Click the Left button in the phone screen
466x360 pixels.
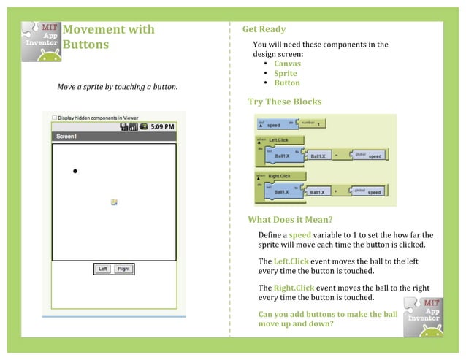(x=104, y=269)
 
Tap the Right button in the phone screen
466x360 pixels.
(x=123, y=269)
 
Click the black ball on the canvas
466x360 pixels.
(x=75, y=171)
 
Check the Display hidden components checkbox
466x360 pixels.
(x=55, y=118)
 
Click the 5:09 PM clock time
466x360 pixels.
(x=162, y=126)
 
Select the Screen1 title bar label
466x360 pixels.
(x=66, y=137)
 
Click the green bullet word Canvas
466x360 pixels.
(x=287, y=64)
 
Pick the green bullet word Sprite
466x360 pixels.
(x=285, y=73)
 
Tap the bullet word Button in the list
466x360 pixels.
(x=286, y=83)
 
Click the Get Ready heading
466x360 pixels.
(x=264, y=29)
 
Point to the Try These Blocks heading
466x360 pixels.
(x=284, y=102)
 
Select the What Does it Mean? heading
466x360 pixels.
(x=290, y=220)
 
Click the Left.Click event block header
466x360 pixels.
(x=278, y=139)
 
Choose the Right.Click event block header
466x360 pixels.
(x=280, y=176)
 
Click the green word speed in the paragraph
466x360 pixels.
(x=300, y=235)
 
